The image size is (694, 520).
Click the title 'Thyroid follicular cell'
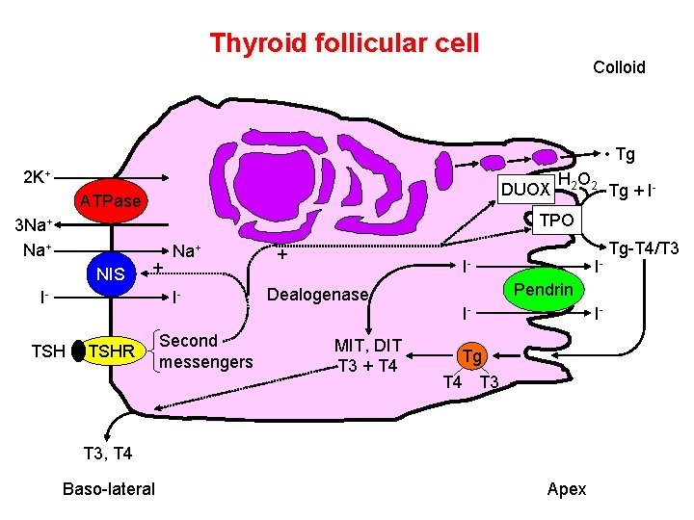click(344, 43)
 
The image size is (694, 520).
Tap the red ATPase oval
click(111, 201)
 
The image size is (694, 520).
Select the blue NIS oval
click(111, 274)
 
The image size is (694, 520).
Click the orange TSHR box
click(111, 352)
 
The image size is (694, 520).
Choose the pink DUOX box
click(527, 189)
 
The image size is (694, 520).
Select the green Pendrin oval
click(543, 290)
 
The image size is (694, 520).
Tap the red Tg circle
click(470, 356)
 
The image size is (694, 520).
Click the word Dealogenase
click(318, 295)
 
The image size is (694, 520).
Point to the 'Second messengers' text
click(205, 351)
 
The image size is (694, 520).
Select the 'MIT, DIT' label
click(367, 345)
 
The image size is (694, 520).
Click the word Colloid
click(619, 67)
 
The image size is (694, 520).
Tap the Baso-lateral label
click(108, 489)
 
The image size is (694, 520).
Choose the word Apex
click(566, 489)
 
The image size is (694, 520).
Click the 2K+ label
click(38, 177)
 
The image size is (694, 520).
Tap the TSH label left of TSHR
click(48, 352)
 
